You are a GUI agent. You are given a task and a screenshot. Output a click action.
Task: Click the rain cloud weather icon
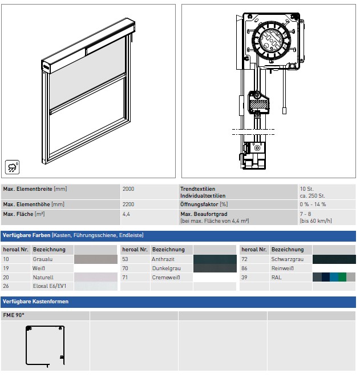[x=12, y=167]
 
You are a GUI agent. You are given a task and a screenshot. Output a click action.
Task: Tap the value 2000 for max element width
[x=128, y=189]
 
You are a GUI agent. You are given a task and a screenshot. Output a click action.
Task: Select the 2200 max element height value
[x=128, y=204]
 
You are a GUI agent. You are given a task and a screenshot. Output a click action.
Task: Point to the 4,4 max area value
[x=126, y=214]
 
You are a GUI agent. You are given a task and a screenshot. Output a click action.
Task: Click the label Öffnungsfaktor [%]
[x=204, y=204]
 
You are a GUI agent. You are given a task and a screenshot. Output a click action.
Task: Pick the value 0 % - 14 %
[x=313, y=204]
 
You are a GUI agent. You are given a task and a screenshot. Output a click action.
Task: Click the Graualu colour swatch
[x=96, y=259]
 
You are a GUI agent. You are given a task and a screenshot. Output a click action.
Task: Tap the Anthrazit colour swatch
[x=215, y=259]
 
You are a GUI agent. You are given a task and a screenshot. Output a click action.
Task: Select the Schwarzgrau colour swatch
[x=334, y=259]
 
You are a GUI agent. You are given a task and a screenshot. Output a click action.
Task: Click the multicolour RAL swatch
[x=334, y=277]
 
